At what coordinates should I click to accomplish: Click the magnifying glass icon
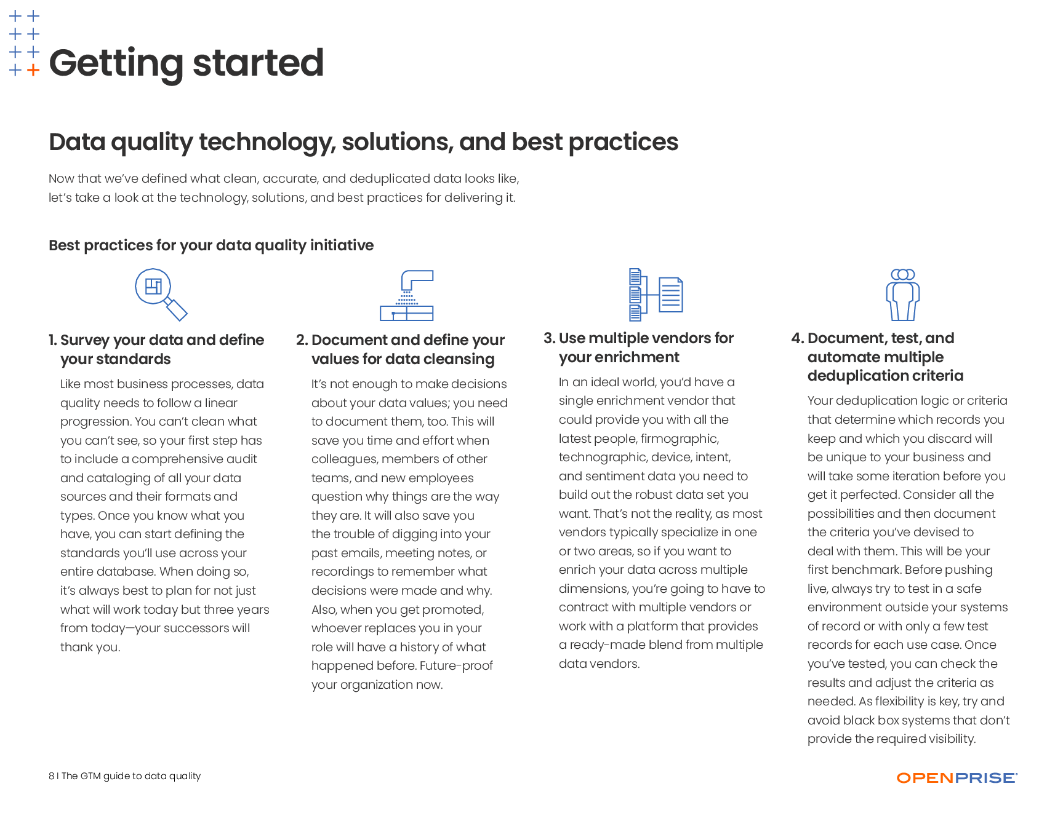[161, 295]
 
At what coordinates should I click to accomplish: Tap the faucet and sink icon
[407, 295]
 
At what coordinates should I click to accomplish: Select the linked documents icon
[656, 295]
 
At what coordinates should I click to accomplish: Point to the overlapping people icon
[903, 295]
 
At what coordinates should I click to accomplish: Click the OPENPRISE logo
[957, 778]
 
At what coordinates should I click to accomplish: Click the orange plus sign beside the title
[33, 70]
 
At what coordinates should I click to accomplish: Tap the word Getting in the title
[116, 63]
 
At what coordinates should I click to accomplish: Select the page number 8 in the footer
[52, 776]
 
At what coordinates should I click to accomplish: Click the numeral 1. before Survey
[53, 340]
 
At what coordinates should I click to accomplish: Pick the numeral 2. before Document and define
[302, 340]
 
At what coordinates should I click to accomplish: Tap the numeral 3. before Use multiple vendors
[550, 338]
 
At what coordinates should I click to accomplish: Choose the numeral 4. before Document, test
[798, 338]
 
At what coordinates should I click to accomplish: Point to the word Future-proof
[456, 665]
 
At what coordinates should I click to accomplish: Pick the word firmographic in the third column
[680, 439]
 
